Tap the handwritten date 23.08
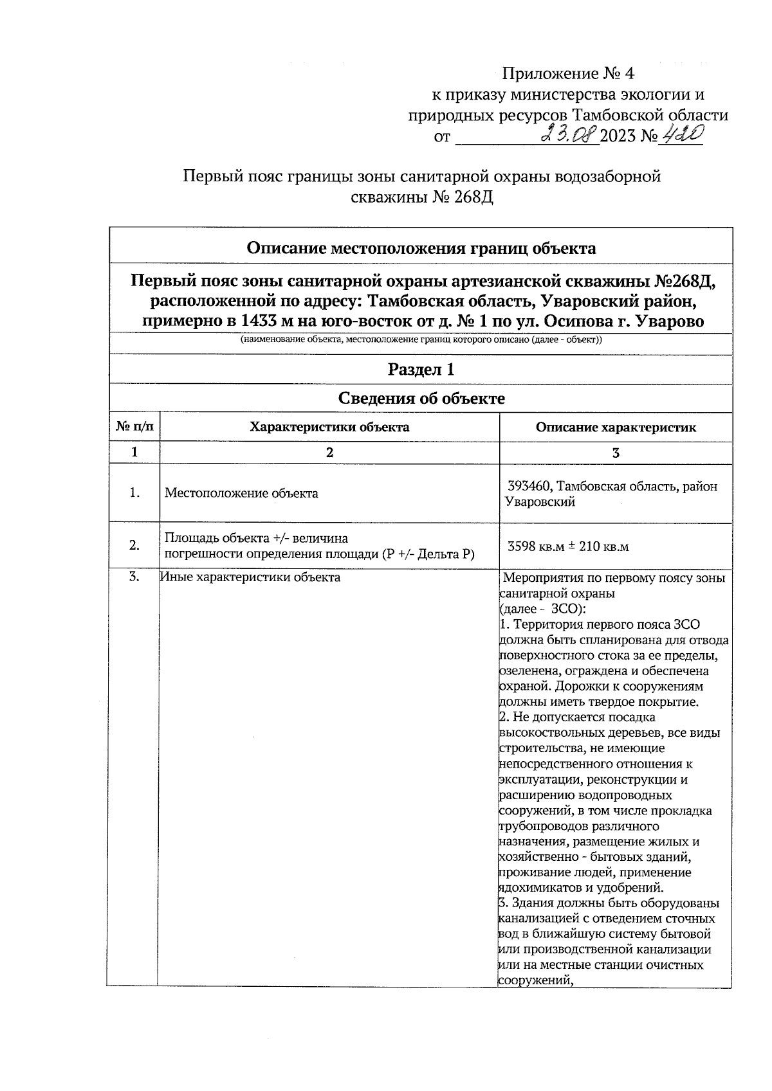click(569, 135)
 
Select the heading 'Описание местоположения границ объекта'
click(421, 248)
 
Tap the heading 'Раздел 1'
click(421, 369)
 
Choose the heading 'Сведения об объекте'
click(421, 399)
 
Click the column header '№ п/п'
click(134, 427)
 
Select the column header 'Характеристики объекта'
click(329, 427)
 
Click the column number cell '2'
click(329, 453)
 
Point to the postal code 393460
click(529, 487)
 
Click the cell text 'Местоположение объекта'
click(241, 494)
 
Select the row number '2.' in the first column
click(134, 545)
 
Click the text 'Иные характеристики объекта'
click(250, 577)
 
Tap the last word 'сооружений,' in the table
click(535, 981)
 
